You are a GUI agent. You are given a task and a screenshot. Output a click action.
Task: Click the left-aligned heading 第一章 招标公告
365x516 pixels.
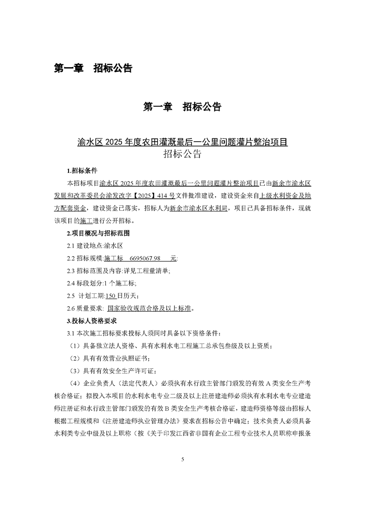(93, 69)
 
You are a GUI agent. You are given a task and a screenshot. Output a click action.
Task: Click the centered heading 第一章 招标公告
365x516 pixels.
(182, 107)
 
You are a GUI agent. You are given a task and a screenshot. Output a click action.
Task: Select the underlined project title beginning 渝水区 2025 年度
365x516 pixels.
(182, 142)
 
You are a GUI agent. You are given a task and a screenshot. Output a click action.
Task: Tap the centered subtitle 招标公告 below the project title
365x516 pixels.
(182, 155)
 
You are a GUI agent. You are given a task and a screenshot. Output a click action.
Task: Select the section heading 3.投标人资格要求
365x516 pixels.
(92, 321)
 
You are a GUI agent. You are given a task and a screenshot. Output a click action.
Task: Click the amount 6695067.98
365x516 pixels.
(145, 258)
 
